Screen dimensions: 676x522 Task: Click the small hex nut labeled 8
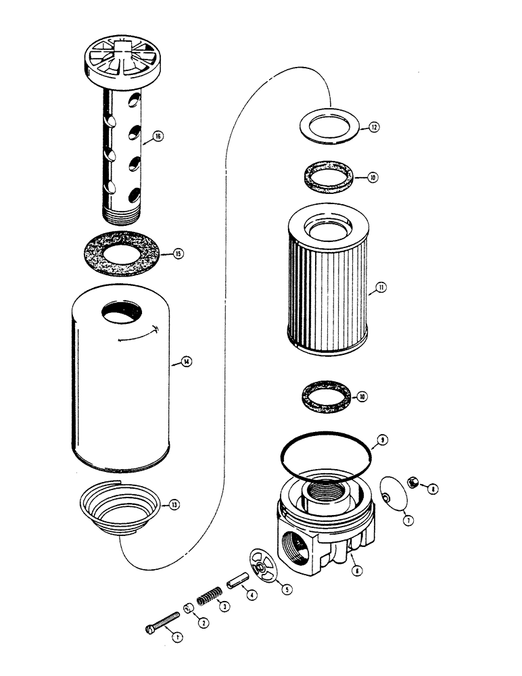tap(413, 483)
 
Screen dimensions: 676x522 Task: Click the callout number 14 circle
tap(186, 361)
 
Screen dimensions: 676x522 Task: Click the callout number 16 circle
tap(158, 136)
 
